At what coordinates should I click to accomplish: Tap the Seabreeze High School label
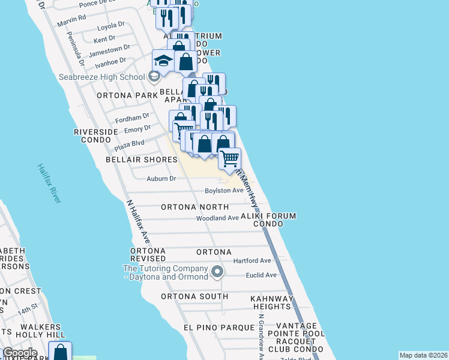(x=110, y=77)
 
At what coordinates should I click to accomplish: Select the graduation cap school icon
(x=163, y=61)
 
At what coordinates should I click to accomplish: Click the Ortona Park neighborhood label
(x=127, y=95)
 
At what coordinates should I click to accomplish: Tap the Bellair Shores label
(x=142, y=160)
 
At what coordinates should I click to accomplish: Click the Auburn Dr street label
(x=161, y=179)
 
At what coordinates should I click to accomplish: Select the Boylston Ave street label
(x=224, y=190)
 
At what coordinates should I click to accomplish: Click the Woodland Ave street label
(x=217, y=218)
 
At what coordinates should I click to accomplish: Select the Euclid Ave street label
(x=261, y=275)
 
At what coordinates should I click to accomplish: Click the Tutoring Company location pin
(x=218, y=272)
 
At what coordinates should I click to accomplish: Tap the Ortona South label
(x=194, y=296)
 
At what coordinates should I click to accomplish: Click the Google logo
(x=20, y=353)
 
